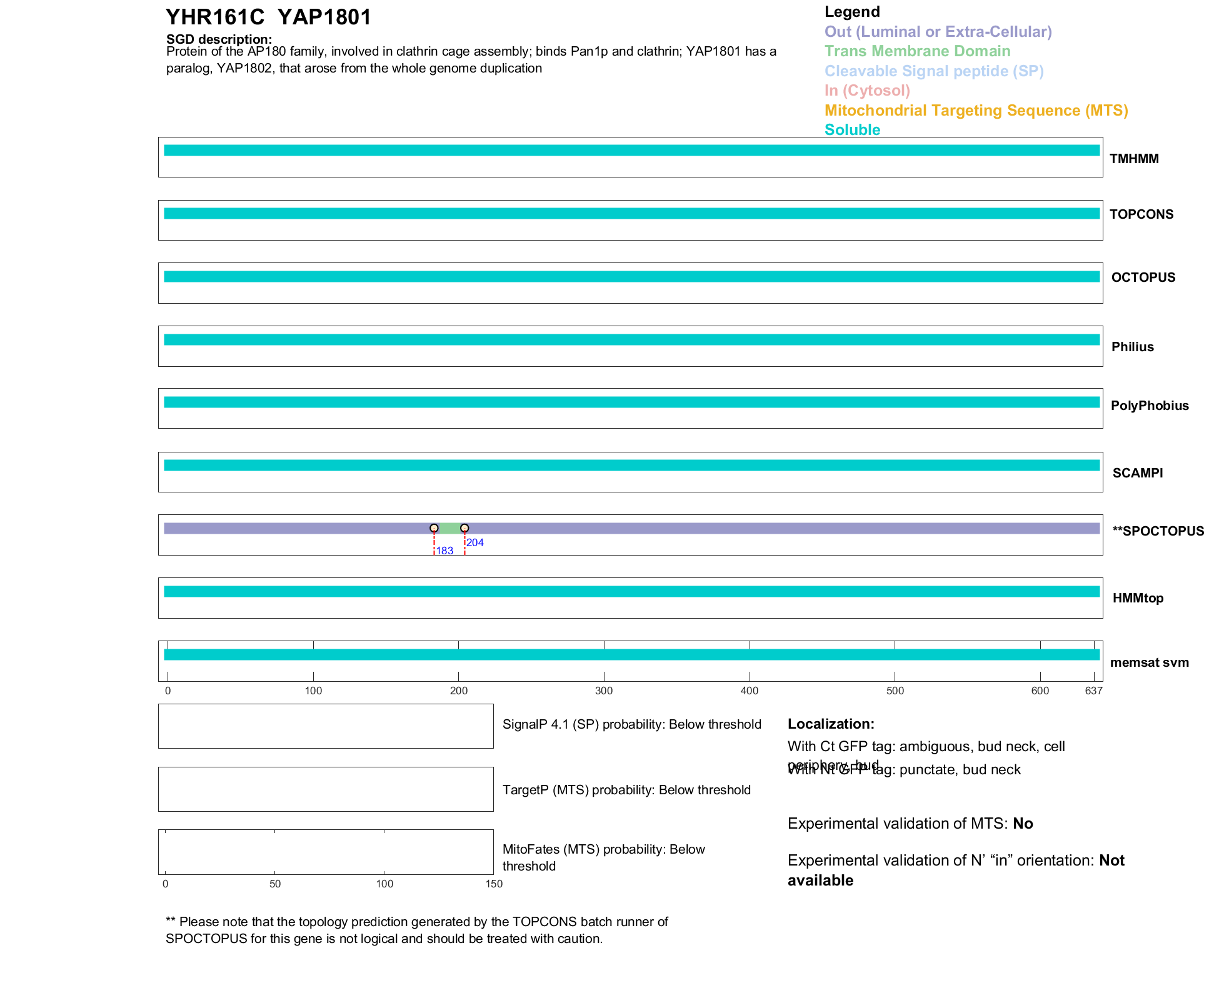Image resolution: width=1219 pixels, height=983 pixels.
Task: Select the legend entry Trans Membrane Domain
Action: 917,51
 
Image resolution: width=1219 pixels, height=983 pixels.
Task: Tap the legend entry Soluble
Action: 852,130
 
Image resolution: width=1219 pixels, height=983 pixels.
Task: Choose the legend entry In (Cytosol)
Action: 867,91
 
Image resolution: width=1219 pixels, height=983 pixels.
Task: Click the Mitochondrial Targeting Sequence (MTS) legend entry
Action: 976,111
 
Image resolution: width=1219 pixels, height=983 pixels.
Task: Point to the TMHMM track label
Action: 1134,159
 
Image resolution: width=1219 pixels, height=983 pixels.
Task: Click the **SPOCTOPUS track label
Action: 1158,531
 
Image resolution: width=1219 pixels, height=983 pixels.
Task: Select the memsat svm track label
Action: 1149,662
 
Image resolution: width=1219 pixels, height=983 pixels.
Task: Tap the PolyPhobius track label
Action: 1149,406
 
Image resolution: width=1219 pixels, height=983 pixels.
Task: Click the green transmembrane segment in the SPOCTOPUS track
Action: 449,528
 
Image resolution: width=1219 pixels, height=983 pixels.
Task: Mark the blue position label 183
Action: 444,551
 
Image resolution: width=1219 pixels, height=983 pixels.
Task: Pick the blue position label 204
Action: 475,542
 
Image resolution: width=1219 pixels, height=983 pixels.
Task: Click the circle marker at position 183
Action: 434,528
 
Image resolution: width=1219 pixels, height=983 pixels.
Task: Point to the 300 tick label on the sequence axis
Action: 604,691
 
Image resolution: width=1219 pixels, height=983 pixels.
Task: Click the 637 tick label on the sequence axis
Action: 1093,691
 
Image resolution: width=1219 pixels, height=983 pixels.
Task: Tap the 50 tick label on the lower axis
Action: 275,884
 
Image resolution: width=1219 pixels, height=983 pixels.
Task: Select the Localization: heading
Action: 831,724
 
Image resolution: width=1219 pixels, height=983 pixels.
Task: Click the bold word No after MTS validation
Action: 1023,824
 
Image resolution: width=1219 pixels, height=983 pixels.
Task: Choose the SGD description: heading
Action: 219,39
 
